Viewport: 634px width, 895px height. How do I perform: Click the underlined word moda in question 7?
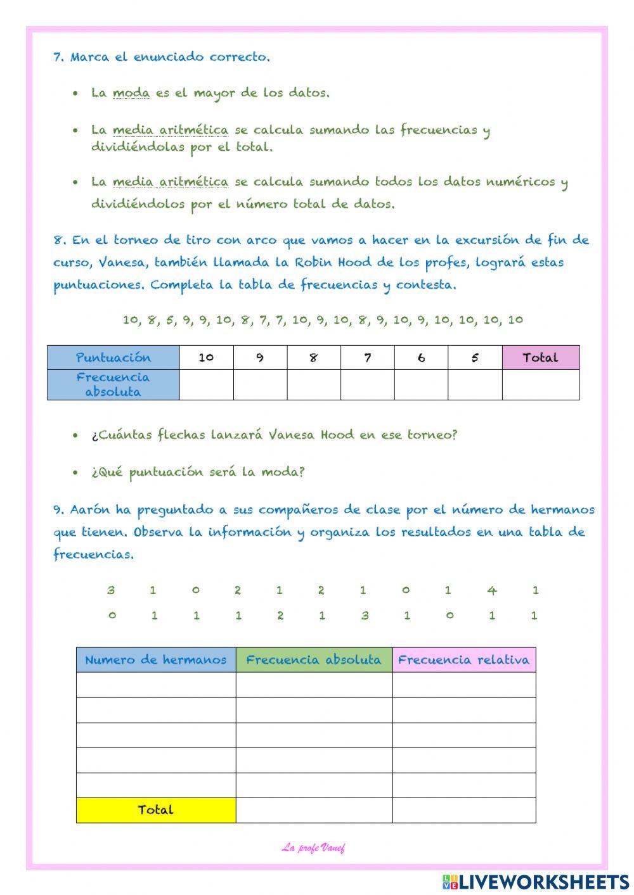pyautogui.click(x=131, y=94)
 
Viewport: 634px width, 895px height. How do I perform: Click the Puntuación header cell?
pyautogui.click(x=113, y=357)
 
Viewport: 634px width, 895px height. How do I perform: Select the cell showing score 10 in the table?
pyautogui.click(x=206, y=357)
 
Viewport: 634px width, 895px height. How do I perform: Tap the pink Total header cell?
pyautogui.click(x=540, y=357)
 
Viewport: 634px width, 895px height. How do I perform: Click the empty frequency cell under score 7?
pyautogui.click(x=367, y=384)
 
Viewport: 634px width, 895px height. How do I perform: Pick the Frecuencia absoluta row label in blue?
pyautogui.click(x=113, y=384)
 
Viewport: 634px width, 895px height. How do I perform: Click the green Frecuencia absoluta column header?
pyautogui.click(x=314, y=659)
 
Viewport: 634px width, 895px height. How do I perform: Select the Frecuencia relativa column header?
pyautogui.click(x=463, y=659)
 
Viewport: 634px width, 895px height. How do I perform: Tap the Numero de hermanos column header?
pyautogui.click(x=156, y=659)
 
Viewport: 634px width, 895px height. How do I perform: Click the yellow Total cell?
pyautogui.click(x=156, y=809)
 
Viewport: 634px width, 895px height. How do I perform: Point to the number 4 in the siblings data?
pyautogui.click(x=492, y=590)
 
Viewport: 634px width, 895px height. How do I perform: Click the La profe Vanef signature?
pyautogui.click(x=313, y=847)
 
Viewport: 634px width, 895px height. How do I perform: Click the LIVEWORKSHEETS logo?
pyautogui.click(x=536, y=881)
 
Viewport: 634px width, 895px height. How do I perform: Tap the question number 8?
pyautogui.click(x=60, y=240)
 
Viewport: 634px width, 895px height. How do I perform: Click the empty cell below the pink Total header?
pyautogui.click(x=540, y=384)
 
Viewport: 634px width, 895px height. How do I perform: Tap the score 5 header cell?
pyautogui.click(x=475, y=357)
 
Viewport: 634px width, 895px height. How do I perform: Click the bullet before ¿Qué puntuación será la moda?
pyautogui.click(x=76, y=473)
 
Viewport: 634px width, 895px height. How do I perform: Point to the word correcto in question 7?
pyautogui.click(x=240, y=57)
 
